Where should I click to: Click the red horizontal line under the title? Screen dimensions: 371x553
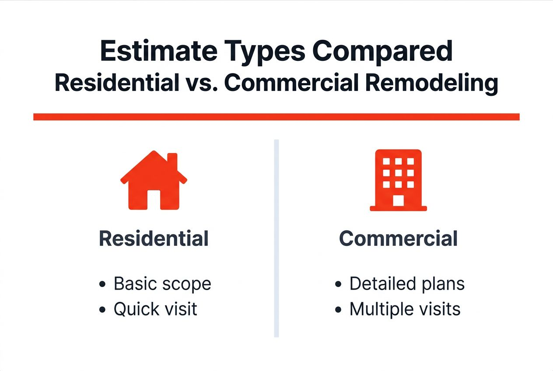(276, 117)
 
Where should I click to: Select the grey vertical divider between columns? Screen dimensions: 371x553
(276, 238)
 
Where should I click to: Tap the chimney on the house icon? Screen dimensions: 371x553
(172, 161)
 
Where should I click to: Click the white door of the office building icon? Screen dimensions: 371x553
(398, 200)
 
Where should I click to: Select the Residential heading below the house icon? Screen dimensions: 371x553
(154, 239)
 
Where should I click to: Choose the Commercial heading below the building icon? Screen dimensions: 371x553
(398, 239)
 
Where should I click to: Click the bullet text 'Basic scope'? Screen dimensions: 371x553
(162, 284)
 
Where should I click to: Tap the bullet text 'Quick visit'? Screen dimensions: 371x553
(155, 309)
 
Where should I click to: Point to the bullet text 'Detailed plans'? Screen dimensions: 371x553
(406, 284)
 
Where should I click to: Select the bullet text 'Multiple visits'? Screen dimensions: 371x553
(405, 309)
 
